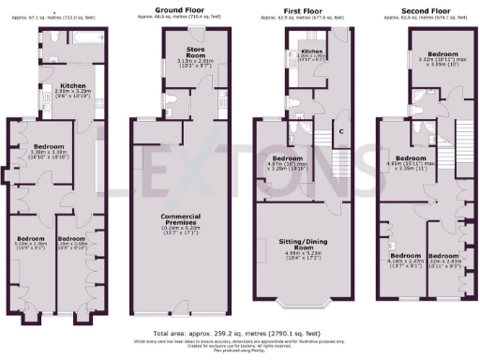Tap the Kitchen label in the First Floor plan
pyautogui.click(x=312, y=52)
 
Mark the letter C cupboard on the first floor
pyautogui.click(x=343, y=130)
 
